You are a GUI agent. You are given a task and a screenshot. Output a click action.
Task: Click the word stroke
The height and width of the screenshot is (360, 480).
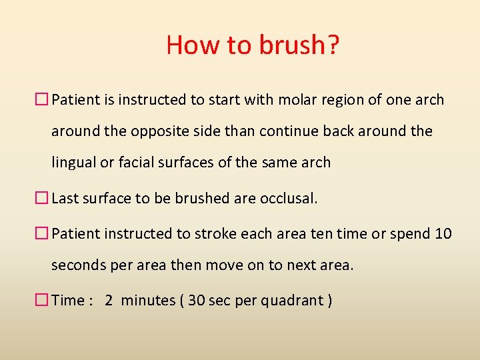point(216,233)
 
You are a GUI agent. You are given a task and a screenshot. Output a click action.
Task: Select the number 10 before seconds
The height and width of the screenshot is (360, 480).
point(443,233)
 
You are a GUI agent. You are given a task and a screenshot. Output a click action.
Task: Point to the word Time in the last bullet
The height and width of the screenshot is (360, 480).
point(67,301)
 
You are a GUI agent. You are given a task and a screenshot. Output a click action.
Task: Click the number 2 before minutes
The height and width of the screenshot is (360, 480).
point(109,301)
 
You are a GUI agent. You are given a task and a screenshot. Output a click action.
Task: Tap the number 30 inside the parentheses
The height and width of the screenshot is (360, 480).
point(197,301)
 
